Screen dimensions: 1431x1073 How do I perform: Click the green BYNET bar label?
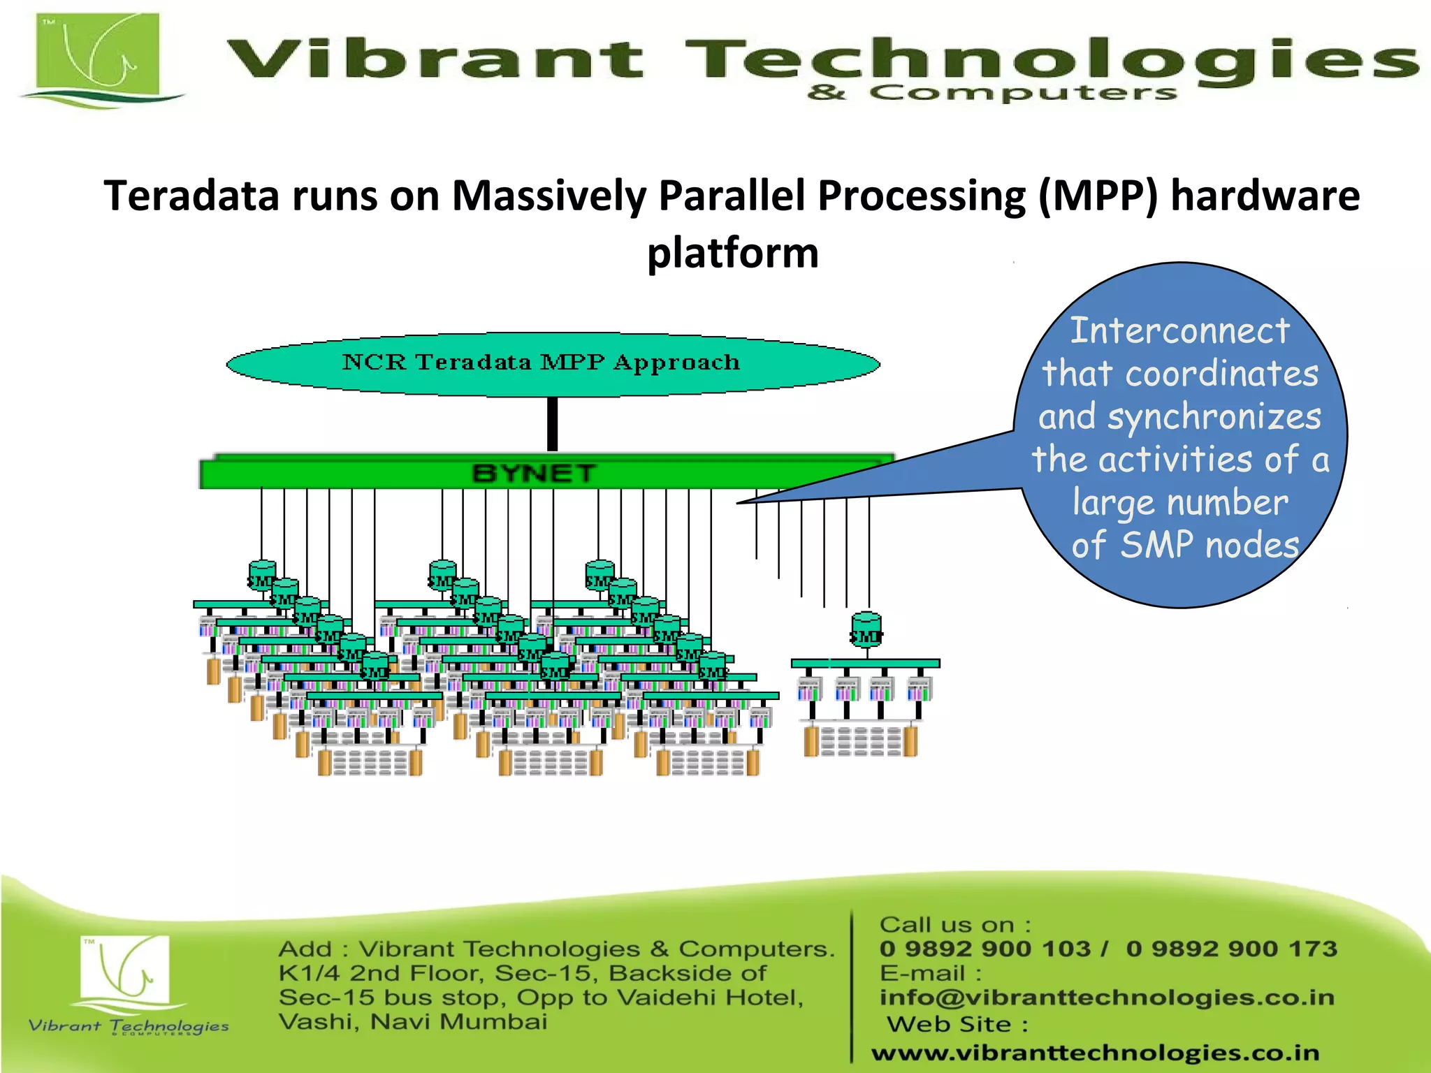[535, 474]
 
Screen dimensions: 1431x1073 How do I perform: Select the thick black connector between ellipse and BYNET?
[552, 424]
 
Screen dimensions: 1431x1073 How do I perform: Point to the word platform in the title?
[732, 252]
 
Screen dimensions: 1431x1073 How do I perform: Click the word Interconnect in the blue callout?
[1179, 330]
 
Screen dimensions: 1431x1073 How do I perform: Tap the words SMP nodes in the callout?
[1210, 545]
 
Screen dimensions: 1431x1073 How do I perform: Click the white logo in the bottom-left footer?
[125, 972]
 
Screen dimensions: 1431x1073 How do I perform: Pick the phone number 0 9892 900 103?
[985, 949]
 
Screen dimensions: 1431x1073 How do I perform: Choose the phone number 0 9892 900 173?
[1231, 949]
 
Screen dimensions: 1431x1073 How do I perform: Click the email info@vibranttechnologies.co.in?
[1107, 998]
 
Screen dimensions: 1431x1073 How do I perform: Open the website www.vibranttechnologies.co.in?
[1095, 1053]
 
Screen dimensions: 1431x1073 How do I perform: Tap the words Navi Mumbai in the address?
[458, 1022]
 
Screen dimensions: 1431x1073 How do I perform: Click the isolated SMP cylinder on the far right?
[866, 629]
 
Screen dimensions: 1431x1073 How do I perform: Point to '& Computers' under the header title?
[992, 93]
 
